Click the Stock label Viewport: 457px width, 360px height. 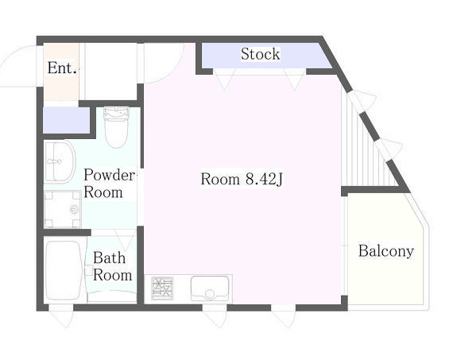coord(260,54)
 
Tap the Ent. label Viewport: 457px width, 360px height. coord(62,68)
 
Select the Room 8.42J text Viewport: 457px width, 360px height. coord(242,179)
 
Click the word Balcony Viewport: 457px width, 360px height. coord(386,251)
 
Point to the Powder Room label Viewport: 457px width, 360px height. coord(109,184)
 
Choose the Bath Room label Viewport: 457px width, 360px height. coord(112,266)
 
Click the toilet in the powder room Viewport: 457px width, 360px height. coord(116,127)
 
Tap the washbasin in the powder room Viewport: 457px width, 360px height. coord(60,162)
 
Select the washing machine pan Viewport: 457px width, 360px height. coord(63,209)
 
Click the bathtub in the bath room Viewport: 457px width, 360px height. coord(64,270)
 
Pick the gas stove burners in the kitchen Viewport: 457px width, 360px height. coord(162,288)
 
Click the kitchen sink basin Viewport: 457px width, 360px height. coord(210,288)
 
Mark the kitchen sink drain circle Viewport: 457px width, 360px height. coord(209,294)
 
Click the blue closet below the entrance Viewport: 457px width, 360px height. coord(66,120)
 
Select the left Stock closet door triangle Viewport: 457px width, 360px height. coord(224,79)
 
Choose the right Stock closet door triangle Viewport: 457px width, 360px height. coord(295,79)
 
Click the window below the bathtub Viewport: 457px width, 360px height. coord(61,315)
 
